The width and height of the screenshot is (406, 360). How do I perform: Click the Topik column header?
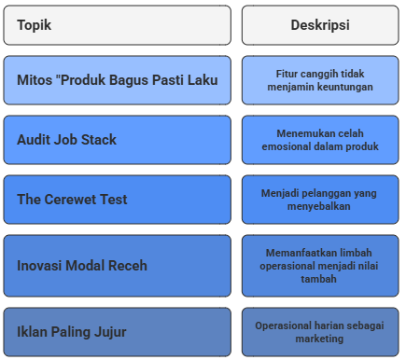(35, 25)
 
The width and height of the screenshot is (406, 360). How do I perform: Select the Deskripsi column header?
(320, 25)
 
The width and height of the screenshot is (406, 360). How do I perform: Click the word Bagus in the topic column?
(129, 80)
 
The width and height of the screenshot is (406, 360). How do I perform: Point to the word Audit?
(34, 140)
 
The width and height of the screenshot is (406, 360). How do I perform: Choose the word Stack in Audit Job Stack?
(99, 140)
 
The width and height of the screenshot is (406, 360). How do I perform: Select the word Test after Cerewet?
(113, 200)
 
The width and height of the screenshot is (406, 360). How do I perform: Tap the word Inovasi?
(39, 266)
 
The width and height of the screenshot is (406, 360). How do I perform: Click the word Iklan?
(32, 332)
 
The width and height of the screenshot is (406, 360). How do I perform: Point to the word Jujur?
(110, 332)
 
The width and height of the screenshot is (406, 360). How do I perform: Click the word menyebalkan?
(319, 206)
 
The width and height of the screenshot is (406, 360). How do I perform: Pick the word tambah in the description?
(319, 279)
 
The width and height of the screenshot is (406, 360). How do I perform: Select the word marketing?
(319, 339)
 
